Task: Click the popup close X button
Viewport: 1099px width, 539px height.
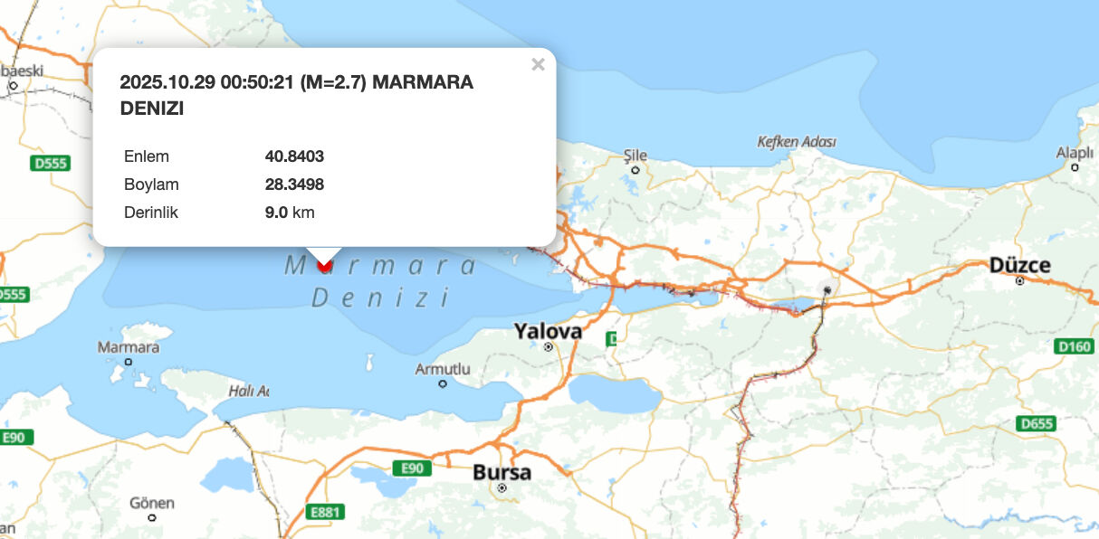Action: point(538,64)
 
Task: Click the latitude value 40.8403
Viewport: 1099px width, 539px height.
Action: point(294,156)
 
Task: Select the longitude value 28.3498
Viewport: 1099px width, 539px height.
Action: point(294,184)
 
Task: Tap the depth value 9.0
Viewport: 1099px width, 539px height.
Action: point(276,213)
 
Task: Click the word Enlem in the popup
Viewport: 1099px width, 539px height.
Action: point(147,156)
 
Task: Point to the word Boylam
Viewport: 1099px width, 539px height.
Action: point(151,184)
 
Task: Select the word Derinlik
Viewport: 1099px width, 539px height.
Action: point(151,213)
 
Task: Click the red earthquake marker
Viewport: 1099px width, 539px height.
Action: point(325,266)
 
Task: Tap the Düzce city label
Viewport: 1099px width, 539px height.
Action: point(1019,265)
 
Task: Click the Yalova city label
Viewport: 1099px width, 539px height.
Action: point(548,331)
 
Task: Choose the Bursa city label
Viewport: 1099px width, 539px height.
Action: point(502,472)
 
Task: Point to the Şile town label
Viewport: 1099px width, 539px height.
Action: point(636,156)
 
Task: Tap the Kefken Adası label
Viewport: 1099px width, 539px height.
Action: point(796,142)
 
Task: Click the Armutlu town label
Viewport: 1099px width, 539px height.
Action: point(443,369)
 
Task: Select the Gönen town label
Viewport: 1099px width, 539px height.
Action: point(151,503)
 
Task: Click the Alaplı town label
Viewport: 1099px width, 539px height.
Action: point(1075,153)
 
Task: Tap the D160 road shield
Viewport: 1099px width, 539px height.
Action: point(1074,345)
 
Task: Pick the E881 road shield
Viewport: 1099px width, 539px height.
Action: point(325,512)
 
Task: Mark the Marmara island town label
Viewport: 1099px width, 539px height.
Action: point(128,347)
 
